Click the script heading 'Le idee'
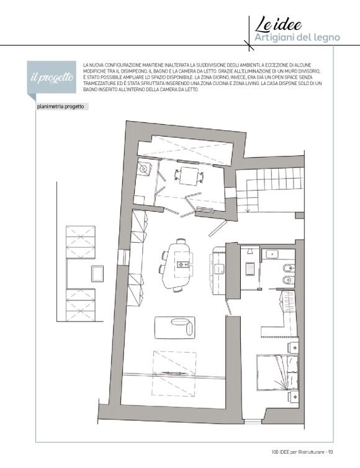click(x=278, y=24)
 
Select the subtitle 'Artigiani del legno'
click(x=297, y=38)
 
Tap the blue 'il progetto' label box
click(x=52, y=77)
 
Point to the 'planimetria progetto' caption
click(x=60, y=107)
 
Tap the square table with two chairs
click(x=189, y=176)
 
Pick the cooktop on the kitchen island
click(x=182, y=264)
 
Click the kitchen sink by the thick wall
click(x=219, y=269)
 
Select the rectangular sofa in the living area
click(x=175, y=328)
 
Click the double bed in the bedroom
click(x=277, y=372)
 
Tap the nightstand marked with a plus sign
click(x=294, y=348)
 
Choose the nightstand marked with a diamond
click(x=294, y=397)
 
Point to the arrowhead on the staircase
click(x=248, y=210)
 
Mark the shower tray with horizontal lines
click(x=250, y=269)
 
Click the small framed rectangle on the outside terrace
click(x=97, y=273)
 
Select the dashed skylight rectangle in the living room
click(x=174, y=374)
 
